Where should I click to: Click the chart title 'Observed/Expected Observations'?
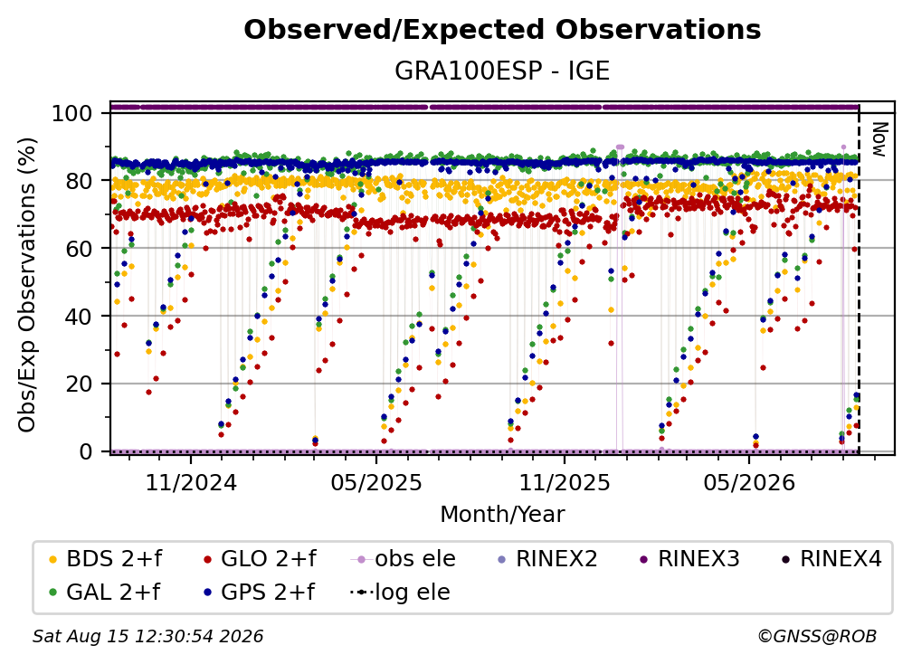(502, 30)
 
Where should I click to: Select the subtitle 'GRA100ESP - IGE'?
(502, 71)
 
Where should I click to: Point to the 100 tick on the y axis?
(72, 113)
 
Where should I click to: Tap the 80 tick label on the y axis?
(79, 181)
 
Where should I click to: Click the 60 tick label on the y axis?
(79, 248)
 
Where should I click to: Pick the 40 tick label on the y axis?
(79, 317)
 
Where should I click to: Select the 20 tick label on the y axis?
(79, 384)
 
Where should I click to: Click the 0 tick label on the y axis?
(86, 451)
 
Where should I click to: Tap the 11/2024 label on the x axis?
(191, 482)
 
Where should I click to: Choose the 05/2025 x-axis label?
(376, 482)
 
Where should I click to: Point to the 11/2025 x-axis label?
(565, 482)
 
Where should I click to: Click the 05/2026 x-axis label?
(749, 482)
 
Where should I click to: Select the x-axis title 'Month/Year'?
(502, 515)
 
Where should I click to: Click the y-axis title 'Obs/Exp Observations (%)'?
(27, 284)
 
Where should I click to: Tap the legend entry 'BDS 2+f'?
(106, 559)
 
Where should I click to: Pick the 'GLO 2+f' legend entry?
(260, 559)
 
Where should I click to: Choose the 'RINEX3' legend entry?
(689, 559)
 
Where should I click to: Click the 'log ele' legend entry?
(400, 593)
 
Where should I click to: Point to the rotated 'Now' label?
(879, 139)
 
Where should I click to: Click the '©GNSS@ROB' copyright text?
(817, 637)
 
